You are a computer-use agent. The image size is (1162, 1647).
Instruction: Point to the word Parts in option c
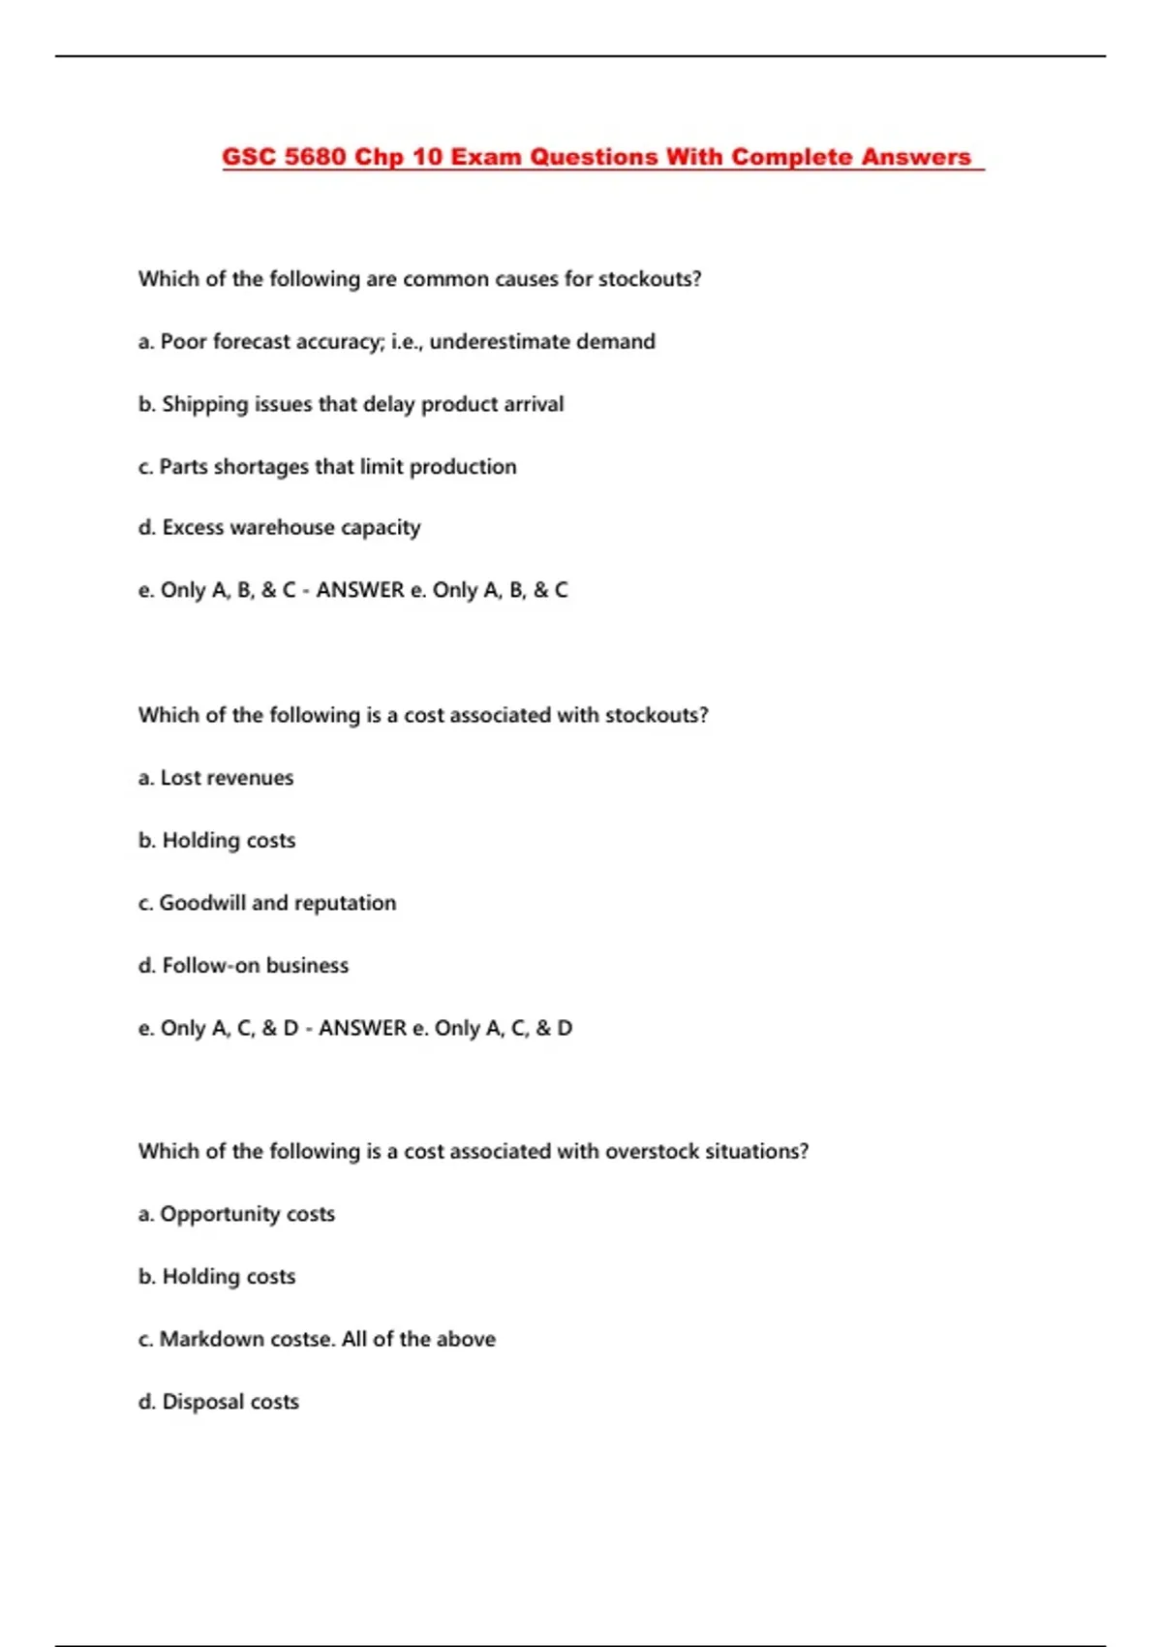pos(183,466)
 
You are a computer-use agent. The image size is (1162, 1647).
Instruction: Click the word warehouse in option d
pos(282,527)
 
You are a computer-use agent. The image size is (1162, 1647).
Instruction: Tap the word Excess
pos(193,527)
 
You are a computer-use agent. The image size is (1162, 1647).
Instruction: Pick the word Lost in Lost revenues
pos(181,777)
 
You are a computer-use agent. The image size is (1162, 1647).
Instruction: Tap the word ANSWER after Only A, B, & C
pos(360,590)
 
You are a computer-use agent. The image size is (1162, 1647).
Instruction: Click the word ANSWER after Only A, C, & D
pos(362,1028)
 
